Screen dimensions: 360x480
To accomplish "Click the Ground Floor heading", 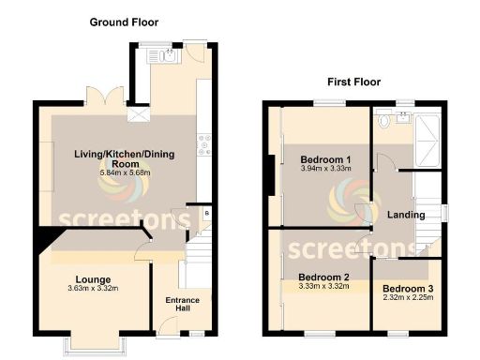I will (x=123, y=21).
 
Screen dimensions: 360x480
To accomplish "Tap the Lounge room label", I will (x=95, y=279).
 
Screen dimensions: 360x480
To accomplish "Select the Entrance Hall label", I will (x=183, y=305).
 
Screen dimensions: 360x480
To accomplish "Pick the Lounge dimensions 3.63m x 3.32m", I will (x=95, y=289).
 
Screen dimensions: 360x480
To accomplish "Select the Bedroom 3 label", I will (x=408, y=288).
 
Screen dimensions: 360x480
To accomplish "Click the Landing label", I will (x=407, y=216).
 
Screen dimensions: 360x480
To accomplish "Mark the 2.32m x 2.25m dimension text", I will (x=408, y=297).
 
